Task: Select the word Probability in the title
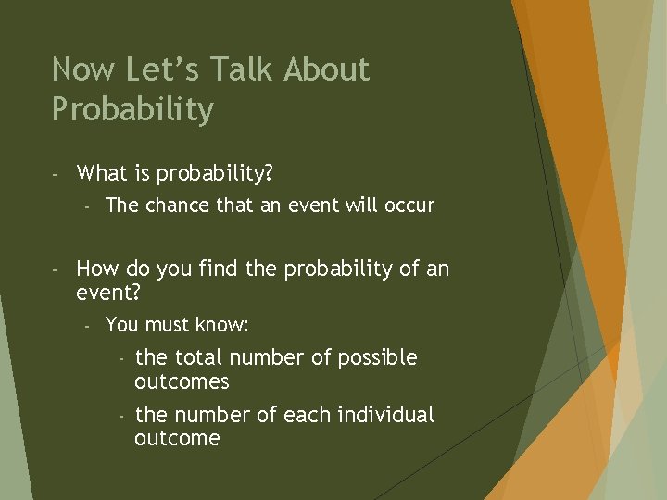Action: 132,110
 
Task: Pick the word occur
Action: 409,206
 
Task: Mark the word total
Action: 199,357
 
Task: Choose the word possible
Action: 378,358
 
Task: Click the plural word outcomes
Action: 182,382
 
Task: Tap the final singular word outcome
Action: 177,439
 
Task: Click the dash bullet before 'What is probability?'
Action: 56,174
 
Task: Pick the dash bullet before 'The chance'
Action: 86,206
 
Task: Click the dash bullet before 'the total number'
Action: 120,358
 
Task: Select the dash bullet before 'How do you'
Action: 56,270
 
